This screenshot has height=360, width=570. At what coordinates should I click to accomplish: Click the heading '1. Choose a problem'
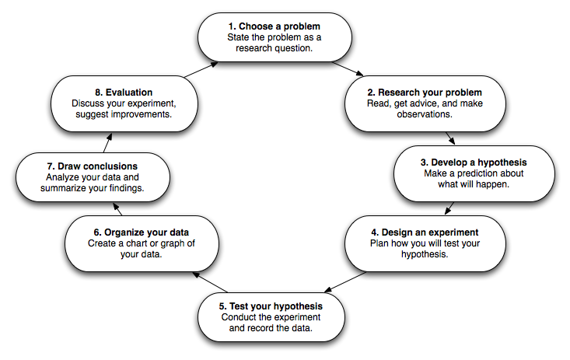pos(275,26)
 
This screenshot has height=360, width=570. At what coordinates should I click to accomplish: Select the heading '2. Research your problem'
pos(425,93)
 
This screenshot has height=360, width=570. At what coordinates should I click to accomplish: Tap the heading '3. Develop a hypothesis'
pos(474,163)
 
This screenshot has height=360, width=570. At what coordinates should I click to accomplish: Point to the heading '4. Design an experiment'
pos(425,232)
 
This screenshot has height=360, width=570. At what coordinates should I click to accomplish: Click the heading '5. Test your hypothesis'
pos(271,306)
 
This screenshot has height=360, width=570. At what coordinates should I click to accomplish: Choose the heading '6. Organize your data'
pos(142,232)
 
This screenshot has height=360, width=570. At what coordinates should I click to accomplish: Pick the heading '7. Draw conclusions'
pos(93,166)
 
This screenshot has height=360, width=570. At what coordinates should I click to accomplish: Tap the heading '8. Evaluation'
pos(124,93)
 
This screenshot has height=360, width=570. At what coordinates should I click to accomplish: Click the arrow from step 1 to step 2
pos(348,69)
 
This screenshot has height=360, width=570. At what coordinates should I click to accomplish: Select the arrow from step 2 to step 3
pos(450,138)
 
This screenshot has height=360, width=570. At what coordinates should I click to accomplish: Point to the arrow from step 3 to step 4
pos(449,208)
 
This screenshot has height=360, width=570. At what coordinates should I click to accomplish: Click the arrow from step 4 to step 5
pos(345,281)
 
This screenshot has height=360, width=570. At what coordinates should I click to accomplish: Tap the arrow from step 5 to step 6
pos(210,282)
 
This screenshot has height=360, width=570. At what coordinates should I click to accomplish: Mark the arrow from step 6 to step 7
pos(117,209)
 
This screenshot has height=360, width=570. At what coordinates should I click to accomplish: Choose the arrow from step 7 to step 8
pos(107,142)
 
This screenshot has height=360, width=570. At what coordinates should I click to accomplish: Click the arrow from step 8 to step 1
pos(201,69)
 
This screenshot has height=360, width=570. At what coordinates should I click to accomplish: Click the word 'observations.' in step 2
pos(425,114)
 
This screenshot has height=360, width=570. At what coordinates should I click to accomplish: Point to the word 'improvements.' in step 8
pos(142,114)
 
